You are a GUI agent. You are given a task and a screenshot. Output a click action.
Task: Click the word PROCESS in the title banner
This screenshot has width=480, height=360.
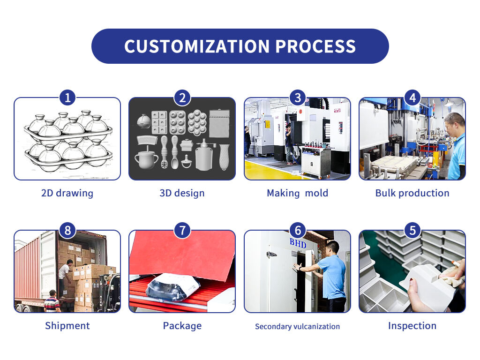[x=315, y=46]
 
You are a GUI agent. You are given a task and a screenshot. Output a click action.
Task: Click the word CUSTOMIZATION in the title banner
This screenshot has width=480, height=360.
[x=197, y=46]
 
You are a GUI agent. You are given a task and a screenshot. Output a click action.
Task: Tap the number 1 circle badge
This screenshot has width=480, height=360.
[x=67, y=97]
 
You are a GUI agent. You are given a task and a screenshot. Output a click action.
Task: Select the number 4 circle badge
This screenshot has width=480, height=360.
[x=412, y=97]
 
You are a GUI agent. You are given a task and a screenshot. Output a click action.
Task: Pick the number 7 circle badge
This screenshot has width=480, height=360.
[x=182, y=230]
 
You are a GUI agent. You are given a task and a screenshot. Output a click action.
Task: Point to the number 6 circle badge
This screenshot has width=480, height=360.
[x=298, y=230]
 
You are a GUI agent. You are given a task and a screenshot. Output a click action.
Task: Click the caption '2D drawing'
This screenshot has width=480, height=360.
[x=67, y=193]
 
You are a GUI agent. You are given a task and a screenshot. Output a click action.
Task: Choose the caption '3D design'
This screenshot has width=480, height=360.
[x=182, y=193]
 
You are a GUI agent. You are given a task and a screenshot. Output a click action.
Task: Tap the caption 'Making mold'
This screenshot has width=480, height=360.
[x=298, y=193]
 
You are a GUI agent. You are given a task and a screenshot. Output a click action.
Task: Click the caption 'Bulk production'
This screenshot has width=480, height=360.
[x=412, y=193]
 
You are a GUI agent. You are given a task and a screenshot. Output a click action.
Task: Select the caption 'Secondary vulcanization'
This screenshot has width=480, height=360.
[x=298, y=326]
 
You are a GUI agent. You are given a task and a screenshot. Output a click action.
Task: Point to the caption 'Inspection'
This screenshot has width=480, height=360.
[x=412, y=326]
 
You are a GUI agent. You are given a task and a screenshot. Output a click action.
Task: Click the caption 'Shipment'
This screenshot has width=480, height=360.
[x=67, y=326]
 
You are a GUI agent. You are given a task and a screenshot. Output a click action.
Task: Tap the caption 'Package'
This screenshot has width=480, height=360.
[x=182, y=326]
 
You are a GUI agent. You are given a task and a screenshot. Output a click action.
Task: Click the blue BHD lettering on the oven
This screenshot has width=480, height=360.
[x=298, y=243]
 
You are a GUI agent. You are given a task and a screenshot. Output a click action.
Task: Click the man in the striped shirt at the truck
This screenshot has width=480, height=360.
[x=52, y=301]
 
